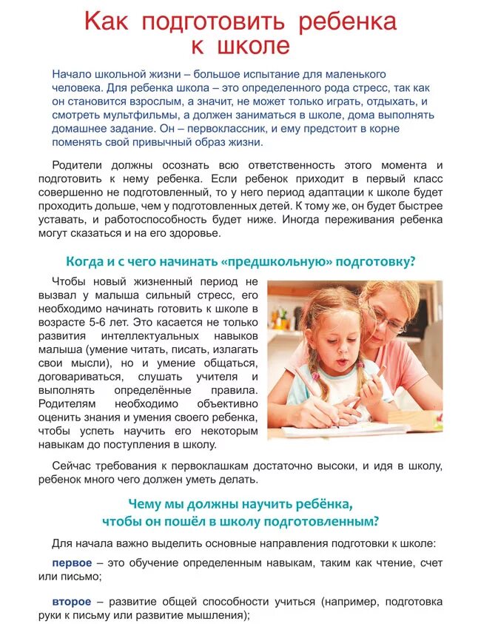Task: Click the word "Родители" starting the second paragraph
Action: coord(77,165)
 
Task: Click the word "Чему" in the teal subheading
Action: coord(145,503)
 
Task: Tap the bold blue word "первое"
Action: coord(73,563)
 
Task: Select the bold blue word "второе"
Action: coord(73,601)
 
